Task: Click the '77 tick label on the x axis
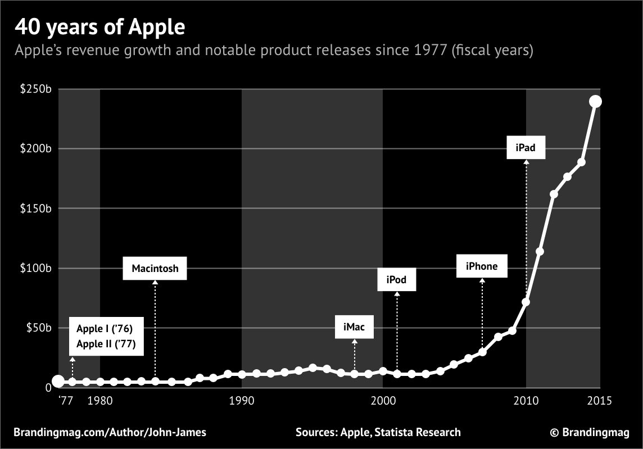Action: point(66,401)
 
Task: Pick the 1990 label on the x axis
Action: point(242,401)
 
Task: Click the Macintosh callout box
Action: point(155,269)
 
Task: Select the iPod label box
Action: point(396,280)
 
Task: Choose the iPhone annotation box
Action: point(482,266)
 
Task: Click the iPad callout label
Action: point(525,148)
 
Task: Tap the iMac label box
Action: point(354,328)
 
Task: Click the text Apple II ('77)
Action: point(106,343)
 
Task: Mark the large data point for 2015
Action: point(595,101)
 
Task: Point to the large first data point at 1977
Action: point(58,382)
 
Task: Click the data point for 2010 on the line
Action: point(526,302)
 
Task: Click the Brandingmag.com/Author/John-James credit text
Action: point(110,432)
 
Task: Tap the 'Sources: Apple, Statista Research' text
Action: point(378,432)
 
